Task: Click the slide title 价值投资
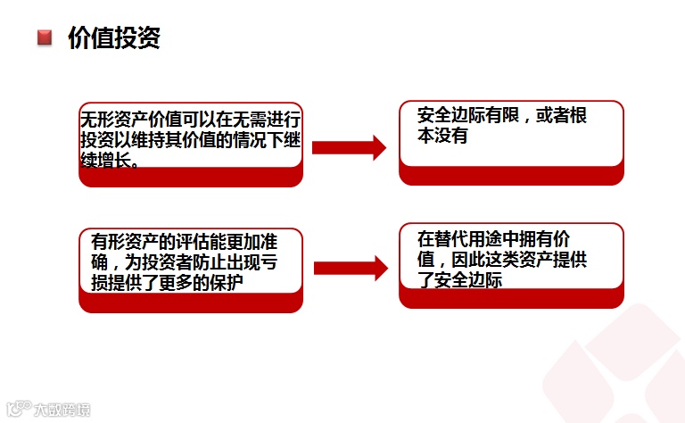click(x=113, y=38)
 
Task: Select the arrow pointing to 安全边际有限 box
click(x=349, y=148)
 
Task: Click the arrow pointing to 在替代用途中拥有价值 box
click(x=351, y=267)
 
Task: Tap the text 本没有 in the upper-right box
click(x=442, y=137)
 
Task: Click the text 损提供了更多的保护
click(x=169, y=282)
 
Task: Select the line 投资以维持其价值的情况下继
click(x=190, y=140)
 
